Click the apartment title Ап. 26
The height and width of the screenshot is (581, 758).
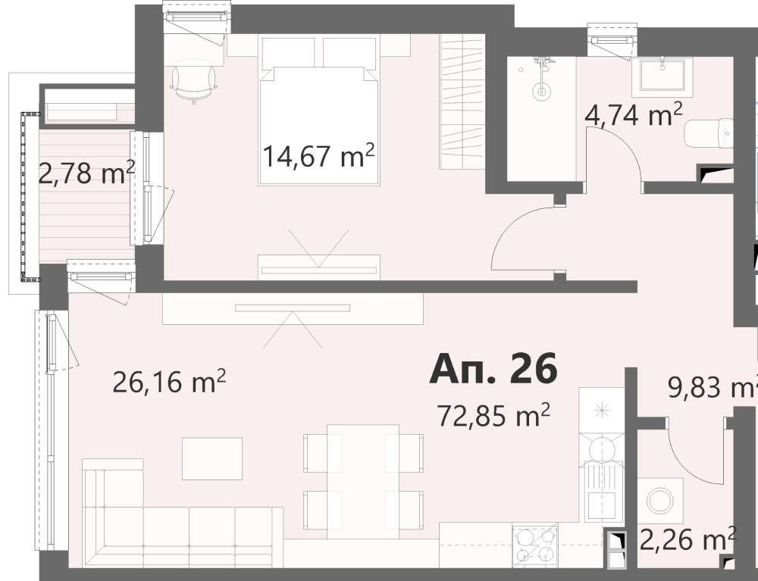tap(493, 369)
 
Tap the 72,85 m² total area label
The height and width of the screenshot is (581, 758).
tap(493, 415)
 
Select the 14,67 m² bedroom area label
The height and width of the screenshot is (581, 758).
tap(318, 155)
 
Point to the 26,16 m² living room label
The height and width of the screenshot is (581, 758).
tap(169, 382)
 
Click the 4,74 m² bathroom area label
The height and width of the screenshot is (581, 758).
tap(633, 115)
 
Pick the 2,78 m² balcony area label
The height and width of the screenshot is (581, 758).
tap(86, 173)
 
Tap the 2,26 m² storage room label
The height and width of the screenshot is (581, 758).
tap(688, 539)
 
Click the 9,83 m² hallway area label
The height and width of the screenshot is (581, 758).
tap(713, 386)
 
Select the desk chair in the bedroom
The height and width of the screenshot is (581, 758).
tap(193, 82)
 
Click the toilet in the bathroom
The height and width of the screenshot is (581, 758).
tap(709, 133)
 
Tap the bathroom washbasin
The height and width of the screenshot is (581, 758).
tap(662, 75)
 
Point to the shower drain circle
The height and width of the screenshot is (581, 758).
tap(542, 92)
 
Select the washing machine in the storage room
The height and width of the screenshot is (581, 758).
tap(660, 501)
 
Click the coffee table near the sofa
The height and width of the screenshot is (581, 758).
tap(211, 458)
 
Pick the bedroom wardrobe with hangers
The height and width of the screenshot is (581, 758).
tap(462, 102)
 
